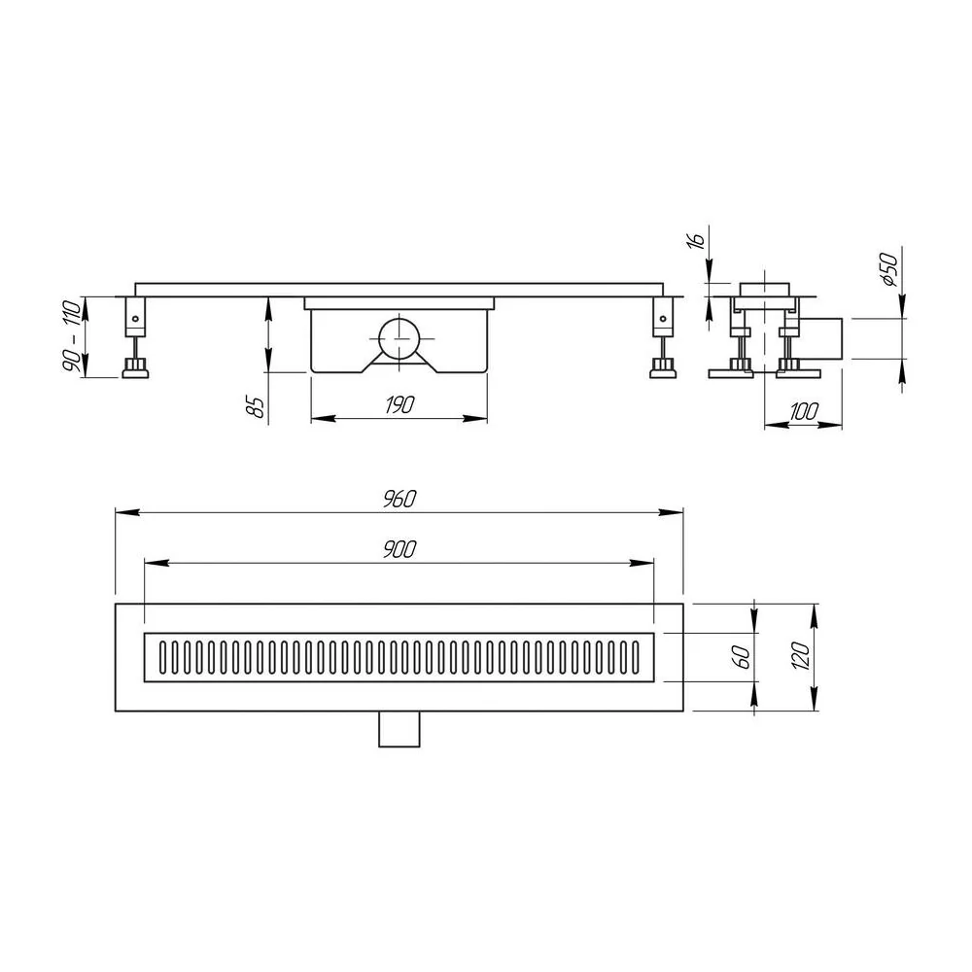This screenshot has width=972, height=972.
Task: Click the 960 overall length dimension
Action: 399,500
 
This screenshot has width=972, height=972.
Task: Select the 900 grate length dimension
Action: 399,549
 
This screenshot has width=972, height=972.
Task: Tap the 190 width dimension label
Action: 399,405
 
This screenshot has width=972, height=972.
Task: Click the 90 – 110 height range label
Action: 71,336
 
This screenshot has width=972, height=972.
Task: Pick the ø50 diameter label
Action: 889,269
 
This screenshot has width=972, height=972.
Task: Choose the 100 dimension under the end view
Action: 804,411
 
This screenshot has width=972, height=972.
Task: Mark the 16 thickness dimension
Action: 696,240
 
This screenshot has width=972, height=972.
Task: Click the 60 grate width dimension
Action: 743,657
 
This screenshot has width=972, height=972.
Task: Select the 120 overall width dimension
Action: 800,656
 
